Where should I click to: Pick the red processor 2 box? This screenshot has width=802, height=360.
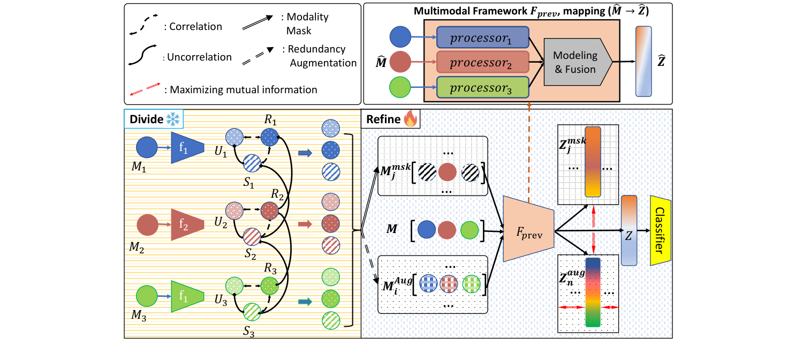coord(482,63)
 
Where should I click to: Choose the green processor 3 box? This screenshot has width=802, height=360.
coord(482,87)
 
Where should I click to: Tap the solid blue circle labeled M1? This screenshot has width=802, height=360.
coord(146,148)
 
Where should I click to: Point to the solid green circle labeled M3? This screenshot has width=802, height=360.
coord(146,296)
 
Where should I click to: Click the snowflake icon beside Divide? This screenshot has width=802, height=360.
coord(175,119)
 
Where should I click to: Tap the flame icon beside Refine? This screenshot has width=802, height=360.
coord(410,119)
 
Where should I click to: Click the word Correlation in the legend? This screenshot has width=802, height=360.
coord(195,26)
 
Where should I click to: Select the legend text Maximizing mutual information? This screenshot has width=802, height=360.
coord(244,89)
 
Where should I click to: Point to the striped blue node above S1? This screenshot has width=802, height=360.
coord(252,162)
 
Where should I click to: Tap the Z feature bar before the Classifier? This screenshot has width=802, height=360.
coord(629,230)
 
